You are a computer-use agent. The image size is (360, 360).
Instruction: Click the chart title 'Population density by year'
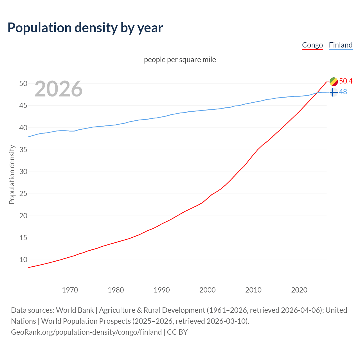85,28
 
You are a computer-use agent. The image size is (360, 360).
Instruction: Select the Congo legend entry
312,45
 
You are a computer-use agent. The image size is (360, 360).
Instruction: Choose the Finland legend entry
341,45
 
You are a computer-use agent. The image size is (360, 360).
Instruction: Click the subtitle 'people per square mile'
180,60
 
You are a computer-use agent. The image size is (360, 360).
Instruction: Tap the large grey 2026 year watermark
58,89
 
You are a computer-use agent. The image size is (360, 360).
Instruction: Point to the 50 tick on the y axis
23,84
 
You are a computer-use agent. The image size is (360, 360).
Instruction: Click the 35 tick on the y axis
23,150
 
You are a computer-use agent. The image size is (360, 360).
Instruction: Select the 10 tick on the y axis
23,260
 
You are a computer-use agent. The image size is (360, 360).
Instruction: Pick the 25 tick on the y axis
23,193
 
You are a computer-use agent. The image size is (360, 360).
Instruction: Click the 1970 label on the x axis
70,290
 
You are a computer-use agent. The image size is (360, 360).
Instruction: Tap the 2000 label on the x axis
208,290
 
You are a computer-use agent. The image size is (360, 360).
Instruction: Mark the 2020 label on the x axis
299,290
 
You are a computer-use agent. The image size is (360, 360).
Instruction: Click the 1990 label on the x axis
162,290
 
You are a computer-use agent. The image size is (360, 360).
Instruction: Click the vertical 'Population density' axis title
12,174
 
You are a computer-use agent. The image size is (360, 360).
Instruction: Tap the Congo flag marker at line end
334,82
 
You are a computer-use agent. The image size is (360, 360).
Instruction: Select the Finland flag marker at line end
334,92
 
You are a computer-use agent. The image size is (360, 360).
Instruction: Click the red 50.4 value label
346,81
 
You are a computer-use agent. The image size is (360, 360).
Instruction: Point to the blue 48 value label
343,92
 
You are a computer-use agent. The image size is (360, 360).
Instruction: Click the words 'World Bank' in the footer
75,310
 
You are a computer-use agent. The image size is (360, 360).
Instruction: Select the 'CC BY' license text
177,332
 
